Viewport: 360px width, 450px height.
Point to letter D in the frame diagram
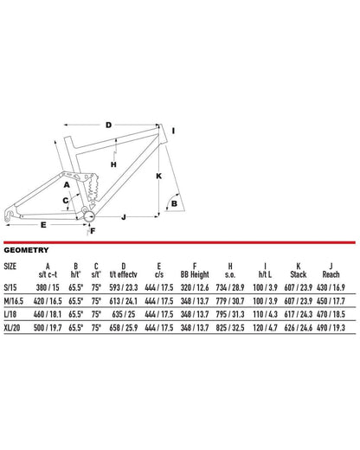coord(108,125)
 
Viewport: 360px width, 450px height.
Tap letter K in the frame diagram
coord(158,175)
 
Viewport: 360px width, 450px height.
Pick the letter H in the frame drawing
coord(113,163)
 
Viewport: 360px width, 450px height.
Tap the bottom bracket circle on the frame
coord(87,214)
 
